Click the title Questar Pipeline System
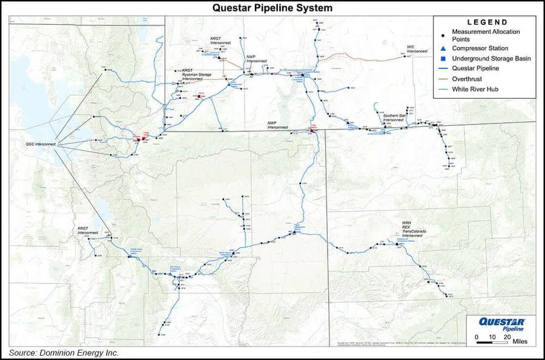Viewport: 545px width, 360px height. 272,8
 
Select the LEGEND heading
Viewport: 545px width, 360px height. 483,21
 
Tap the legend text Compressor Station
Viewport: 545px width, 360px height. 485,48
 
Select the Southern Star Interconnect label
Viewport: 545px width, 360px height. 394,117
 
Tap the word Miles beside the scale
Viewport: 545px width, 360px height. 520,342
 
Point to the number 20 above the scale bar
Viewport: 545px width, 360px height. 506,336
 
